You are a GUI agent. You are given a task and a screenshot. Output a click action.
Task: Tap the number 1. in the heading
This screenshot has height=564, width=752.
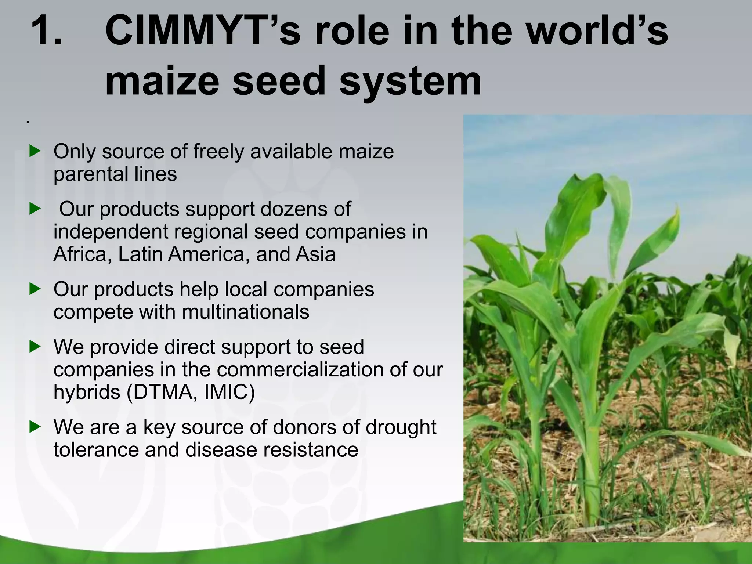tap(47, 31)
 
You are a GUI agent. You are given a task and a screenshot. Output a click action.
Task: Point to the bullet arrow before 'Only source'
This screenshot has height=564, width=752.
tap(35, 151)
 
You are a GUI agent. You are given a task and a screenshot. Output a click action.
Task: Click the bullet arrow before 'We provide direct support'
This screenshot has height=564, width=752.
tap(35, 346)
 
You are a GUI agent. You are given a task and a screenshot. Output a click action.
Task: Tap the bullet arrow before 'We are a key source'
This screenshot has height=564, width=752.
tap(35, 427)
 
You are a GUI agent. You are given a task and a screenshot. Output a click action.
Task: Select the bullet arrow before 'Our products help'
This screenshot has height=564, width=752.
tap(35, 289)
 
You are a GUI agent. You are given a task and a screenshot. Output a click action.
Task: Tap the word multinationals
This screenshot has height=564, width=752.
tap(245, 312)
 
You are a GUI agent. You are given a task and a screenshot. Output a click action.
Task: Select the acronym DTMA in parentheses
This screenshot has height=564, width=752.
tap(161, 392)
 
